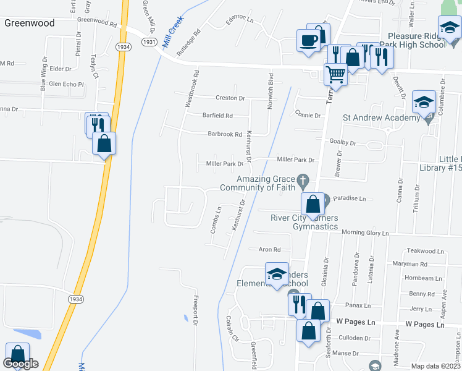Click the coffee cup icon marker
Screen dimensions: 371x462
[x=308, y=41]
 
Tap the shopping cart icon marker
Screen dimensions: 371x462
[x=335, y=75]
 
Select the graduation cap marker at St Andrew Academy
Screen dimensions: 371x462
[x=424, y=102]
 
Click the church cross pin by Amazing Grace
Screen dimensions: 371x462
[x=303, y=181]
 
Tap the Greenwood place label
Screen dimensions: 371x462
[x=29, y=23]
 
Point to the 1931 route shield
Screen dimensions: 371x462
[x=148, y=41]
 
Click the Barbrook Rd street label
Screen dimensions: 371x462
[x=224, y=134]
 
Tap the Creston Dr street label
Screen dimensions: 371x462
[x=230, y=98]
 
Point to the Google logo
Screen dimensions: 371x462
[x=21, y=364]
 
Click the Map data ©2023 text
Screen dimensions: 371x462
[x=435, y=366]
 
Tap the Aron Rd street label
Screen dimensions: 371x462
[x=269, y=250]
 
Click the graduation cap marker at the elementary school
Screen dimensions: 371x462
[x=277, y=274]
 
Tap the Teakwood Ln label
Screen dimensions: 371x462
[x=426, y=252]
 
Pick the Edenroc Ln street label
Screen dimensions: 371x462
[x=240, y=19]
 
